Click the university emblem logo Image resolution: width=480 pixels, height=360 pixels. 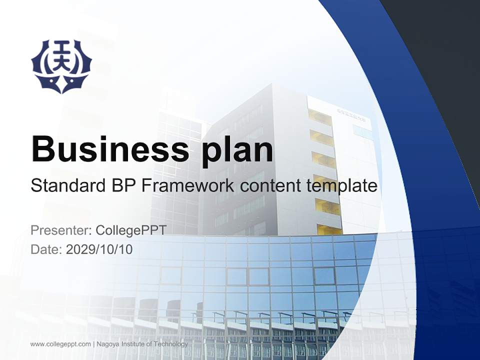[x=61, y=66]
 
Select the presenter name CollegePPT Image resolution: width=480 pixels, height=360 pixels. [x=131, y=230]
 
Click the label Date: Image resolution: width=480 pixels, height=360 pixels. [x=46, y=249]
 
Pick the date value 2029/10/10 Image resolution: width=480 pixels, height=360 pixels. [x=99, y=249]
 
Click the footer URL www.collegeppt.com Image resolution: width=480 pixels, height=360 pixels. [x=60, y=344]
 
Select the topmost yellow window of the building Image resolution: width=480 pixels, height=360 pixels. [x=320, y=117]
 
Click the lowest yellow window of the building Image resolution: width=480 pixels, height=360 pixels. [x=329, y=229]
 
